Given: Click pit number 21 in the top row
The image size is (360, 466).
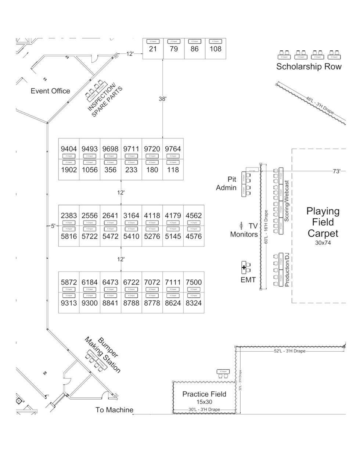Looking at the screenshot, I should tap(153, 49).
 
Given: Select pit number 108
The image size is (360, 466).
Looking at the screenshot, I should tap(215, 49).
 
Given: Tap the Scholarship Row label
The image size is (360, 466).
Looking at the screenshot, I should tap(309, 67).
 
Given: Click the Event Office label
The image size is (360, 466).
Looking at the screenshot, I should tap(50, 91).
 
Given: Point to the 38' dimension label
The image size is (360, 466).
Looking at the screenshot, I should tap(163, 99).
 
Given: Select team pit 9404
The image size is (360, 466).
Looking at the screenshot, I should tap(69, 149).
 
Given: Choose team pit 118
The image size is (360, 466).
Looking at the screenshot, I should tap(173, 170).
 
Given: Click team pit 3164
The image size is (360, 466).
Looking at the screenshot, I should tap(131, 216).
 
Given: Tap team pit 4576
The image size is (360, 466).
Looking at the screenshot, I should tap(194, 236).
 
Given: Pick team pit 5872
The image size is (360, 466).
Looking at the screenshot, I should tap(69, 282).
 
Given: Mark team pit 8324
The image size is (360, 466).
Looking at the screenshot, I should tap(194, 304).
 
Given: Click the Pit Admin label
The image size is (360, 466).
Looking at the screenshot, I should tap(226, 183).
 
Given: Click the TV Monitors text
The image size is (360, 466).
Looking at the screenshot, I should tap(244, 230).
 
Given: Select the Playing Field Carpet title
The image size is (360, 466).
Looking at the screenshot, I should tap(323, 222).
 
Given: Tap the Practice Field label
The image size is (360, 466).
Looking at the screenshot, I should tap(204, 394).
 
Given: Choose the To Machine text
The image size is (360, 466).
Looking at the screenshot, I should tap(114, 410).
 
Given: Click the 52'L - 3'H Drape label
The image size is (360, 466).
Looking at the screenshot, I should tap(289, 351).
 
